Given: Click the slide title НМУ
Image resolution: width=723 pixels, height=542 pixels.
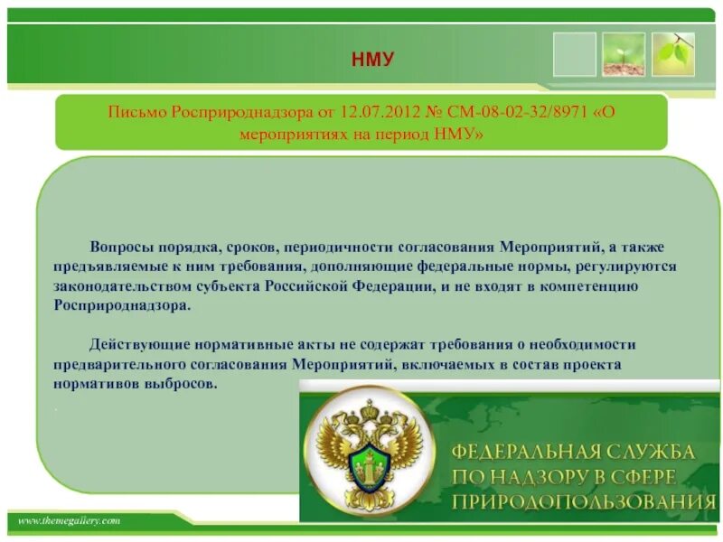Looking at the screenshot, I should pos(372,60).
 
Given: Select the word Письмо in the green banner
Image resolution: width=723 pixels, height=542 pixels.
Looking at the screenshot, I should pos(136,114).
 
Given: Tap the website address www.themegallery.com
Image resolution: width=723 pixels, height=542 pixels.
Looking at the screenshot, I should pos(69,521).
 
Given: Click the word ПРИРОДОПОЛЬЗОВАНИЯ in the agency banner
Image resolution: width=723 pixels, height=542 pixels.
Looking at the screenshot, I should pos(578,502).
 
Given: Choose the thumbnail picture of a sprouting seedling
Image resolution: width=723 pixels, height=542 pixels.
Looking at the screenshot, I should pos(624,54).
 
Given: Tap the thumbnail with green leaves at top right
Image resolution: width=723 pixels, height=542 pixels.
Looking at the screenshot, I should pos(673,54).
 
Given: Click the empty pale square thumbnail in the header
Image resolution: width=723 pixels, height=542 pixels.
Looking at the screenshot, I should pos(575,54).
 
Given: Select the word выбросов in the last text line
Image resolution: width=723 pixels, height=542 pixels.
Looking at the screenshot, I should pos(186,383).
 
